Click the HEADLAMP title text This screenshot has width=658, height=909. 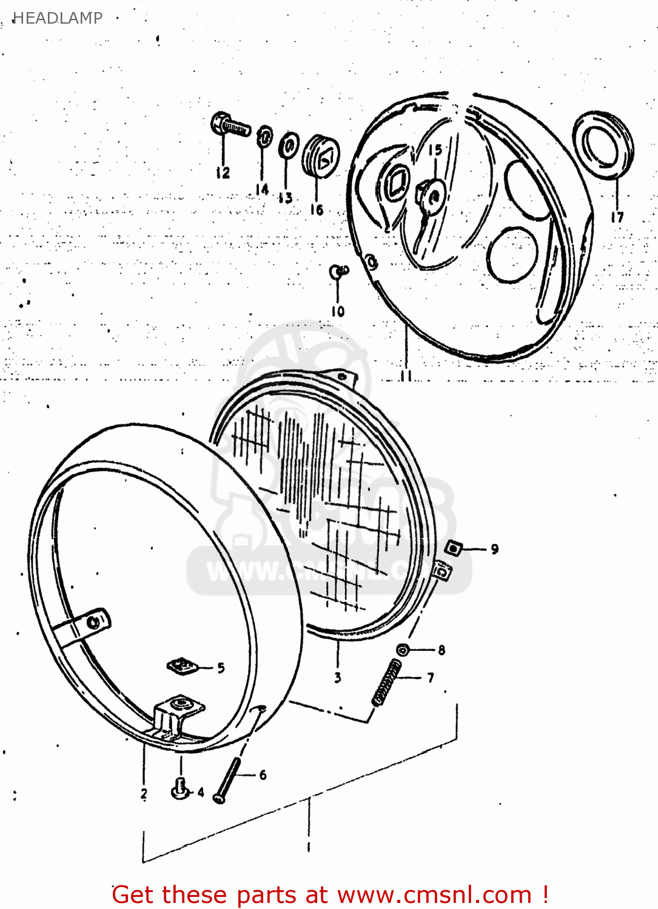point(58,18)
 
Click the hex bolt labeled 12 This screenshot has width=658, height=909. point(229,125)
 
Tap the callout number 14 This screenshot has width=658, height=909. point(262,190)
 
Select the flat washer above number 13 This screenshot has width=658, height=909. point(289,147)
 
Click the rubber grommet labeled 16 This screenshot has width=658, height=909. point(321,156)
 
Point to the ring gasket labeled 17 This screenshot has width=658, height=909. point(603,144)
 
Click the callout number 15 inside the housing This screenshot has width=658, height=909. point(435,150)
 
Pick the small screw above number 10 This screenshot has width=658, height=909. point(338,271)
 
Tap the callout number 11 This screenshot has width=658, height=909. point(406,376)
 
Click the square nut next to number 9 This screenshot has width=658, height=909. point(453,548)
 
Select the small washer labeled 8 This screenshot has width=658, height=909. point(403,650)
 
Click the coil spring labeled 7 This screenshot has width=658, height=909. point(387,682)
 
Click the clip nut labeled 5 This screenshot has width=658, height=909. point(182,667)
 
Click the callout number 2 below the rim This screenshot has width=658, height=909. point(144,793)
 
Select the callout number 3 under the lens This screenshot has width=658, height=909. point(338,678)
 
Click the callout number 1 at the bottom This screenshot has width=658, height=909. point(309,847)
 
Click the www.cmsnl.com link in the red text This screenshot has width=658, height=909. point(434,895)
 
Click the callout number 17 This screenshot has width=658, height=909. point(617,217)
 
